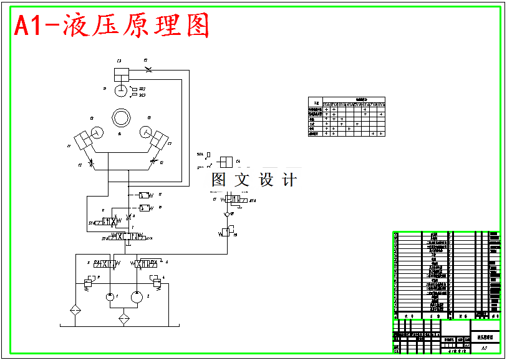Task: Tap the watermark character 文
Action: pyautogui.click(x=241, y=180)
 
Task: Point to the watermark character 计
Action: pyautogui.click(x=289, y=180)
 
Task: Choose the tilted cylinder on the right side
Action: pyautogui.click(x=159, y=139)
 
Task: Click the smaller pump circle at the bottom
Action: pyautogui.click(x=110, y=298)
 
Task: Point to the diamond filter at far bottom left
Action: pyautogui.click(x=75, y=310)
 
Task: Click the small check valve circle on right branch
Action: pyautogui.click(x=227, y=214)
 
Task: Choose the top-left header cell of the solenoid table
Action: pyautogui.click(x=316, y=103)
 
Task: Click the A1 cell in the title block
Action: pyautogui.click(x=485, y=349)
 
